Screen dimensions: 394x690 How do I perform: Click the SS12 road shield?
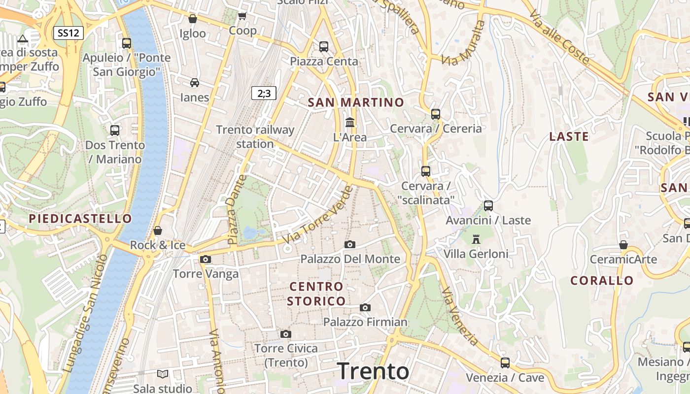click(68, 33)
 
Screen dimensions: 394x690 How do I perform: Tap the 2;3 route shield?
click(264, 93)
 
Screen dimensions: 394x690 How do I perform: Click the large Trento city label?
click(373, 371)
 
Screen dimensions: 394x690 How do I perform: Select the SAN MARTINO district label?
click(356, 102)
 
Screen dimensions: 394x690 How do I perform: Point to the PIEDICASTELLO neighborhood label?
click(80, 219)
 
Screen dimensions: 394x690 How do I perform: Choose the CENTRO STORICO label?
click(316, 294)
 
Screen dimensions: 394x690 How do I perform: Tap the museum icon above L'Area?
click(350, 122)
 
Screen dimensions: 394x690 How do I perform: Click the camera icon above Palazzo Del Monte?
click(350, 244)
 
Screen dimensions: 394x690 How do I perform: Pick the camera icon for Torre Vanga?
click(206, 259)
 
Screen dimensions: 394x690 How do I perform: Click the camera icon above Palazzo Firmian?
click(365, 307)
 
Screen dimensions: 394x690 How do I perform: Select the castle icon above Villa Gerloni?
click(476, 239)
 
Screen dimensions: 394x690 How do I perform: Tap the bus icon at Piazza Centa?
click(324, 47)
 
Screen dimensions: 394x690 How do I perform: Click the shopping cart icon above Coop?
click(242, 16)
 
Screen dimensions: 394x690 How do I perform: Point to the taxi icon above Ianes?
click(195, 82)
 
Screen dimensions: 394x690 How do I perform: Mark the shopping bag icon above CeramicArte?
click(623, 245)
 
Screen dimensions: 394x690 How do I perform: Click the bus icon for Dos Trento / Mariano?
click(115, 131)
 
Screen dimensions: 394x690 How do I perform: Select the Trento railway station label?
click(255, 137)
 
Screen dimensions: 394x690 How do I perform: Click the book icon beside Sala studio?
click(163, 374)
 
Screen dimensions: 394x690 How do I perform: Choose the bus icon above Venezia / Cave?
click(505, 363)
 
